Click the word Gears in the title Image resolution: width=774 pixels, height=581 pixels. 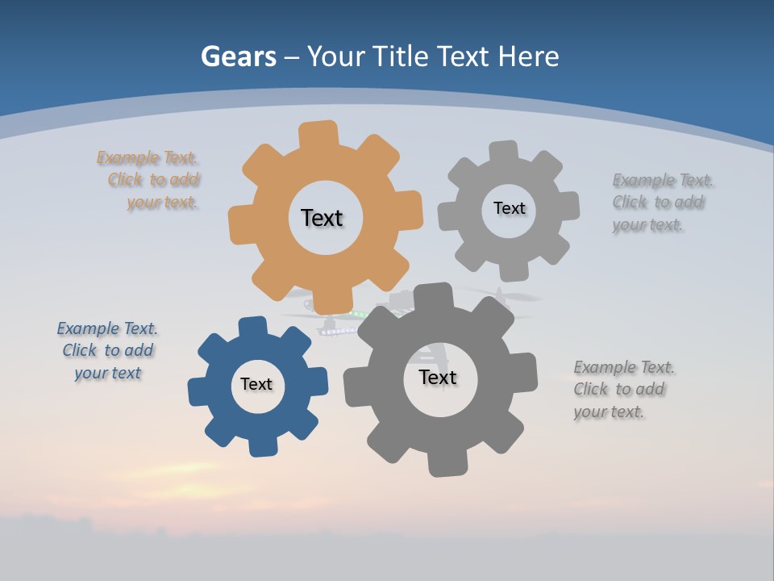[x=238, y=56]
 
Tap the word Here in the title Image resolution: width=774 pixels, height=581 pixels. [x=528, y=56]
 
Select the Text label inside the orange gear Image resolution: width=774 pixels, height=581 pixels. [x=322, y=218]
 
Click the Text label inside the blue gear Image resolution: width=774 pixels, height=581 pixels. [x=256, y=385]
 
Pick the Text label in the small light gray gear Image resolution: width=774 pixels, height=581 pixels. [x=509, y=208]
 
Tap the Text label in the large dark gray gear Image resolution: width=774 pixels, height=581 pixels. [x=438, y=378]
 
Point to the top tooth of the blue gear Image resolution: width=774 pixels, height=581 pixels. [x=253, y=327]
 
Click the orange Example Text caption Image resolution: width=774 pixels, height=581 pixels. [x=150, y=180]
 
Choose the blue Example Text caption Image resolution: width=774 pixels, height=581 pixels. [x=107, y=350]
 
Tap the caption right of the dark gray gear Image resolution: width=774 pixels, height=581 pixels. [x=622, y=390]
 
